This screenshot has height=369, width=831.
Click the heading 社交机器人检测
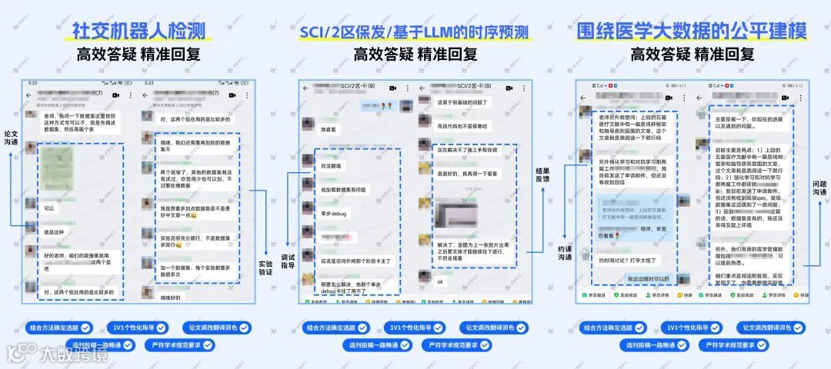click(138, 31)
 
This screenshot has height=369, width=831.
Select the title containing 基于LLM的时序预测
click(415, 32)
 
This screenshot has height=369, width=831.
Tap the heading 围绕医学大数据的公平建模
click(692, 32)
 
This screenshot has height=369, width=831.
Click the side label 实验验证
click(266, 268)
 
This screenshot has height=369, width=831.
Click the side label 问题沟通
click(819, 188)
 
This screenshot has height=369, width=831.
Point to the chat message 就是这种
click(54, 231)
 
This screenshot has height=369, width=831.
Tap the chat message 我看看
click(329, 130)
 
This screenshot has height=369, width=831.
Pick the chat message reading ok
click(441, 281)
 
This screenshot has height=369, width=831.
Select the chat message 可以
click(50, 208)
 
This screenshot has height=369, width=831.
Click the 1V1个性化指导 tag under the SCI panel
click(415, 327)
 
